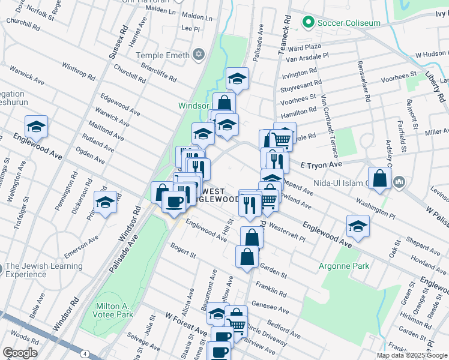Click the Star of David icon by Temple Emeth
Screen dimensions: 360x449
[197, 56]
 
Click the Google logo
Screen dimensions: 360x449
[20, 353]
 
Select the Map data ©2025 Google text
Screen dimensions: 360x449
[412, 355]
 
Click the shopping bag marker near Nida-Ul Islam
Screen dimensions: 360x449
[380, 178]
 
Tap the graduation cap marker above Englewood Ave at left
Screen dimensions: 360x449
[36, 127]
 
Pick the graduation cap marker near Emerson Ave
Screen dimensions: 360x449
[106, 202]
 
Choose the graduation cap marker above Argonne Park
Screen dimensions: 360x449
[358, 226]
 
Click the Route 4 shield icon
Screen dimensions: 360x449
[85, 355]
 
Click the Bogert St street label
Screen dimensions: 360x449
[183, 250]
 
